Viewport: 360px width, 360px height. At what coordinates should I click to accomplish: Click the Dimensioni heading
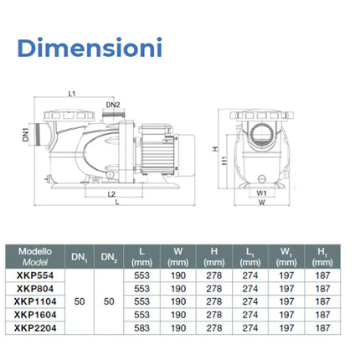pos(87,47)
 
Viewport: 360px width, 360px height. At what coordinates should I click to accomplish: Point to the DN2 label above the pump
pos(112,105)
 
